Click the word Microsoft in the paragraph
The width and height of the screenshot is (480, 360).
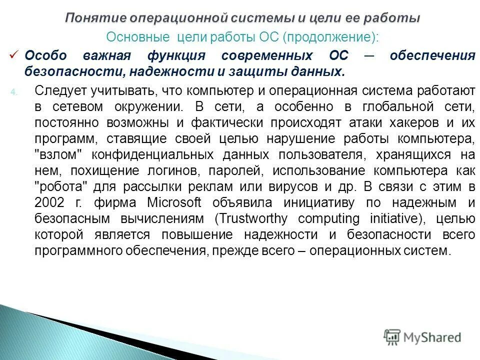(174, 202)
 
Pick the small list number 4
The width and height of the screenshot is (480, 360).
(14, 91)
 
